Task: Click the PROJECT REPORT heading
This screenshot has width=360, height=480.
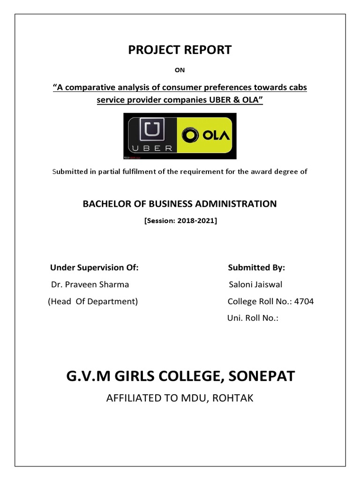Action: pyautogui.click(x=180, y=50)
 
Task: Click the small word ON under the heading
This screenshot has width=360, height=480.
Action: pyautogui.click(x=180, y=70)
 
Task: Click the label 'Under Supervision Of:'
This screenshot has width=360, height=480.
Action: pyautogui.click(x=94, y=268)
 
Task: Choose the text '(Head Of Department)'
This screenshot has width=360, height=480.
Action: pyautogui.click(x=93, y=301)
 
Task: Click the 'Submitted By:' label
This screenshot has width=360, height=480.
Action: pyautogui.click(x=256, y=268)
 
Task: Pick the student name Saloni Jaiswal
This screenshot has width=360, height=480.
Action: pyautogui.click(x=255, y=285)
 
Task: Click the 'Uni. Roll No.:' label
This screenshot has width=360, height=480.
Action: pyautogui.click(x=253, y=318)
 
